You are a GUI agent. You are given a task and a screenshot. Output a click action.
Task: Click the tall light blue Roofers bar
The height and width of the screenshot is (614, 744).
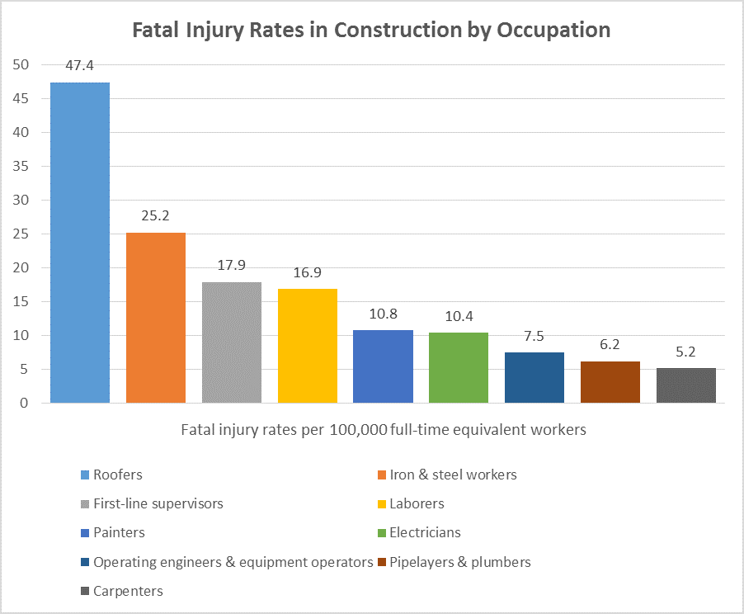coord(80,243)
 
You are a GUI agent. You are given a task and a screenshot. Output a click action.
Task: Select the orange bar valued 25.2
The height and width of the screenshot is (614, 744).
coord(156,318)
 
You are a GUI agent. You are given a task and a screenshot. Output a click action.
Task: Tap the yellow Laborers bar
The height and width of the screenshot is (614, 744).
coord(308,346)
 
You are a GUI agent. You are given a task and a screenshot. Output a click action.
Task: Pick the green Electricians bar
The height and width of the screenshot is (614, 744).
coord(459,367)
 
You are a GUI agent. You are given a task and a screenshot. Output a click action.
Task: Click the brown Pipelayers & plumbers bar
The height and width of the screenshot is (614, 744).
coord(610,382)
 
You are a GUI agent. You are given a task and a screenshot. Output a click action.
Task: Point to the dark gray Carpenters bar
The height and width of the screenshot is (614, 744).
coord(686,385)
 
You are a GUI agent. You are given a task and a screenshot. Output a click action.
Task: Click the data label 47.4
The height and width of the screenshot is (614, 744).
coord(80,65)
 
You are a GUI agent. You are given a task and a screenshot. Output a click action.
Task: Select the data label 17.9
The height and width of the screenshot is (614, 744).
coord(232,265)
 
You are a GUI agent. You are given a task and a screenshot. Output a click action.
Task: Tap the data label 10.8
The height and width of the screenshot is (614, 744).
coord(383,314)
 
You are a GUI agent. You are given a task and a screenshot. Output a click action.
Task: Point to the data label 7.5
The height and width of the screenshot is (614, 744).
coord(534,336)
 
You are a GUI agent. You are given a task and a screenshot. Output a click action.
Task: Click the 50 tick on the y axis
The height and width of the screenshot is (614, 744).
coord(21,64)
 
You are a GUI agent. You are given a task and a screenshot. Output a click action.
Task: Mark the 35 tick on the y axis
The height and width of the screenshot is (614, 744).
coord(21,166)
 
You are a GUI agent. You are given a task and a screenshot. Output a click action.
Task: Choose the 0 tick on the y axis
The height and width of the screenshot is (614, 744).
coord(25,403)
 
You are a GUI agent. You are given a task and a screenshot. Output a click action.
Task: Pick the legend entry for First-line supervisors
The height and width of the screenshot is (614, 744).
coord(158,503)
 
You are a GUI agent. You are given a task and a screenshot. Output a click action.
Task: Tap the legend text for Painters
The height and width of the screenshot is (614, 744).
coord(120,532)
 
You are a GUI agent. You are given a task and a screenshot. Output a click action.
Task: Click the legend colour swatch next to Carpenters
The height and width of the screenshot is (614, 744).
coord(85,592)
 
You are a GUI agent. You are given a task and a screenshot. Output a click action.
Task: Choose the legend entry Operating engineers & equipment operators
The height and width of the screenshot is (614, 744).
coord(233,562)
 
